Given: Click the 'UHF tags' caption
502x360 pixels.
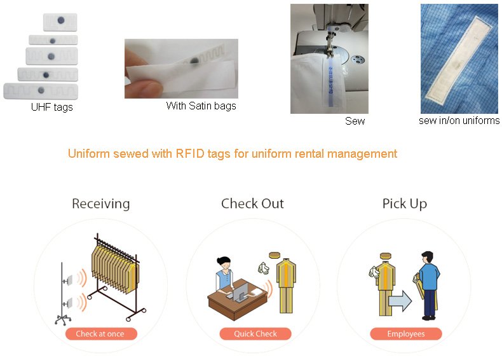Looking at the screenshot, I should coord(52,107).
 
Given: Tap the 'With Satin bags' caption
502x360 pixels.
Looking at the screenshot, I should coord(201,106).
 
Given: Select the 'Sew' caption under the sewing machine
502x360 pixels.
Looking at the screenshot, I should coord(355,120).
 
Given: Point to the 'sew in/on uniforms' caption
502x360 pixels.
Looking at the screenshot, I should coord(459,120).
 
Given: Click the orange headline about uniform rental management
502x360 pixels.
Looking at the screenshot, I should coord(232,154).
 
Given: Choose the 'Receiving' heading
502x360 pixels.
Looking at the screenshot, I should coord(100,204).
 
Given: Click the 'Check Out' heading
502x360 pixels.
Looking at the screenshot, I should coord(252,204).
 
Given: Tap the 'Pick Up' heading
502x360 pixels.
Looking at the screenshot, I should coord(404,204).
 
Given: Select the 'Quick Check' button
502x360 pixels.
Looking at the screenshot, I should coord(255,333).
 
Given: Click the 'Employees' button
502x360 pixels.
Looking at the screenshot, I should coord(406,333).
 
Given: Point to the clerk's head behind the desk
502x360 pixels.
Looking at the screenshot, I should coord(224,263).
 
